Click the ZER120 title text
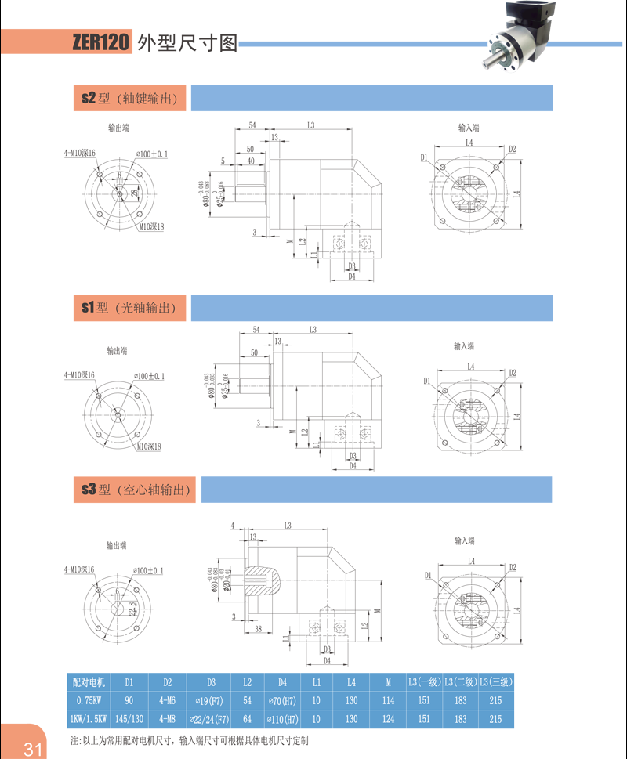100,43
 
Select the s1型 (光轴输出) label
129,309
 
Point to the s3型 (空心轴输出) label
136,490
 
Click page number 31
33,749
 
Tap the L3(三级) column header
495,681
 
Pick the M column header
389,681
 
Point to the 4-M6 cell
167,700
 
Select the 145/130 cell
129,719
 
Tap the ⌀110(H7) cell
282,719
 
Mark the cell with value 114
389,700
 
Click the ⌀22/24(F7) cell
209,719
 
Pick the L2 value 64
248,719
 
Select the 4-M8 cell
167,719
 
